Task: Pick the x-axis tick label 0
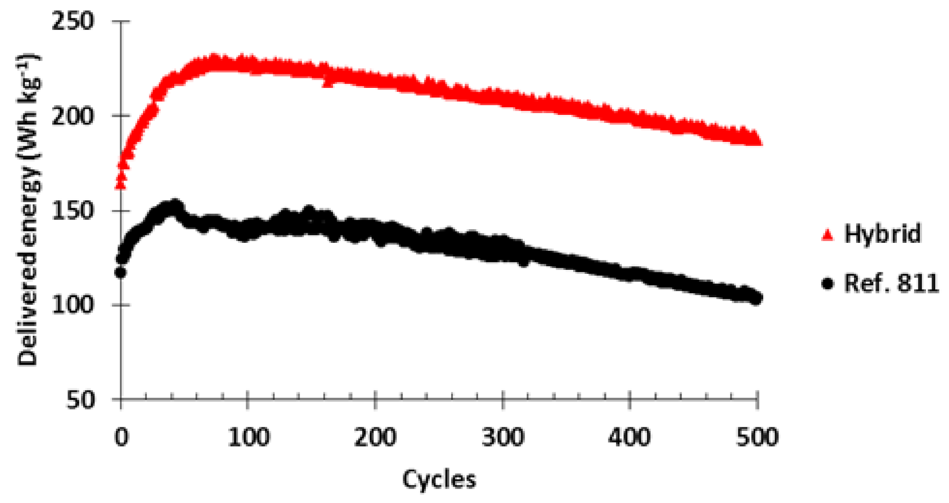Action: [x=121, y=437]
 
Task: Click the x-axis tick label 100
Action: [x=248, y=437]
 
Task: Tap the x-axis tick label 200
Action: [x=375, y=437]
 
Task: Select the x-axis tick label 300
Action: [x=503, y=437]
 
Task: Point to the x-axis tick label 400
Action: [x=630, y=437]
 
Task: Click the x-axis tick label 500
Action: [x=757, y=437]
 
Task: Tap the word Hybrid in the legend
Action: [x=882, y=234]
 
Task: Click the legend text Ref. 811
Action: [x=891, y=283]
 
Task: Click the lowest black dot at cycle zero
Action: [x=120, y=272]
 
